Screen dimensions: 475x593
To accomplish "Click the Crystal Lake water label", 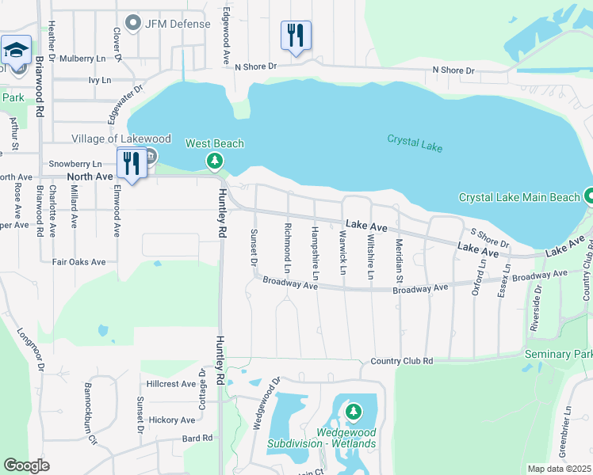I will tap(415, 143).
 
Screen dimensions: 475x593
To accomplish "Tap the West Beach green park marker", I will tap(215, 161).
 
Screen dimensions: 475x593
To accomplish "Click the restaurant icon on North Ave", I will tap(131, 164).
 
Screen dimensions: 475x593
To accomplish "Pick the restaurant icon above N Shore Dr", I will tap(296, 36).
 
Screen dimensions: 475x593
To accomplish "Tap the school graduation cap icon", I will tap(16, 51).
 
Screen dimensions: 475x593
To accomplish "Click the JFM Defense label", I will tap(177, 24).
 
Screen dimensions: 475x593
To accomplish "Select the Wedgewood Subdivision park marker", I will tap(353, 412).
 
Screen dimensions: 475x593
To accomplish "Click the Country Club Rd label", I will tap(402, 361).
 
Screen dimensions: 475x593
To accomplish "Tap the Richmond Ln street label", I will tap(287, 248).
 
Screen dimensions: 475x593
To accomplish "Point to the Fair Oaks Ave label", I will tap(78, 261).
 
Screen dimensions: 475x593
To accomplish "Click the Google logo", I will tap(27, 465).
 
